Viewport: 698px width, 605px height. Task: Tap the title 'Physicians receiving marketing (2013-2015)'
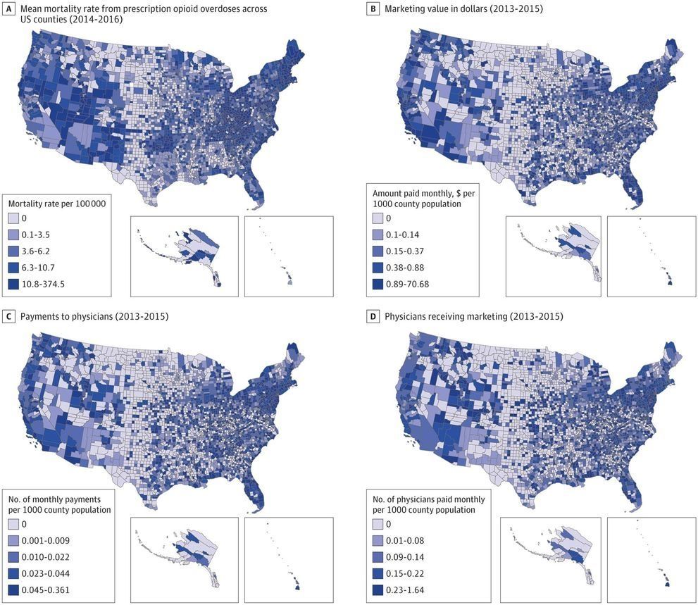473,316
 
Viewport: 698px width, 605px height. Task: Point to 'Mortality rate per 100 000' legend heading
56,204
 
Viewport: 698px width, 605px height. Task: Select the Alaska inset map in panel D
550,556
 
